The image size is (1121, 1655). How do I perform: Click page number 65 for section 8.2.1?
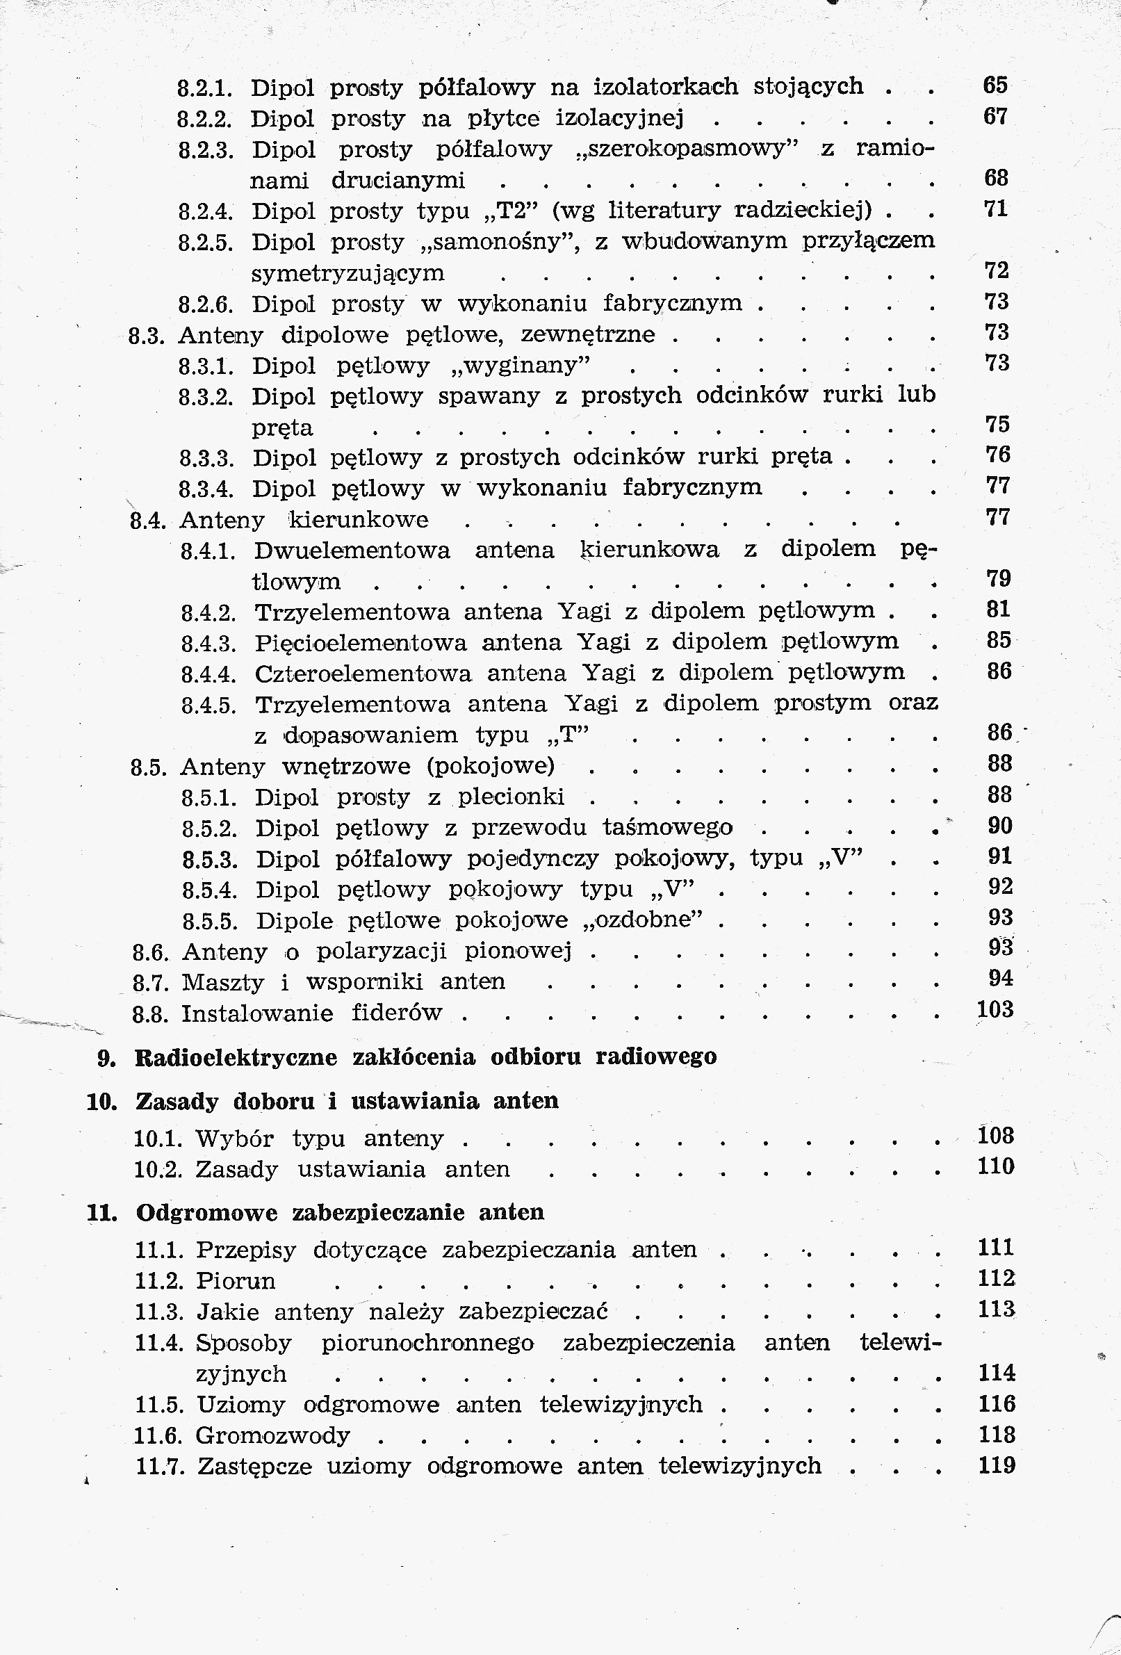(x=995, y=85)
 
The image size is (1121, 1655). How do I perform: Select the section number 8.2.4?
(x=206, y=211)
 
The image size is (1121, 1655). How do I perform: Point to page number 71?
(x=996, y=209)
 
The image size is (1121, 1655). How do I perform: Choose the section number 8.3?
(x=147, y=336)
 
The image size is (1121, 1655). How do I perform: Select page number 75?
(x=997, y=425)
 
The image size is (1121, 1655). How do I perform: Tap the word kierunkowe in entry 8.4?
(x=358, y=520)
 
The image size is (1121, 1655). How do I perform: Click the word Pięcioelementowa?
(x=361, y=643)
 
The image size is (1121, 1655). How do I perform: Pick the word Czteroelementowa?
(x=363, y=674)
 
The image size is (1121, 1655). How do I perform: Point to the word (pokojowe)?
(x=491, y=766)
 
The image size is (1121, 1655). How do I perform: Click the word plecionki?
(x=511, y=797)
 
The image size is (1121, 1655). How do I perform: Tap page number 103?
(x=996, y=1010)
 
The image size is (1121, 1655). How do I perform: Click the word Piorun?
(x=235, y=1281)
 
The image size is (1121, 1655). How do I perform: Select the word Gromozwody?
(x=272, y=1435)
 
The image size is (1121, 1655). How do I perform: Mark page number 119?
(x=997, y=1465)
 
